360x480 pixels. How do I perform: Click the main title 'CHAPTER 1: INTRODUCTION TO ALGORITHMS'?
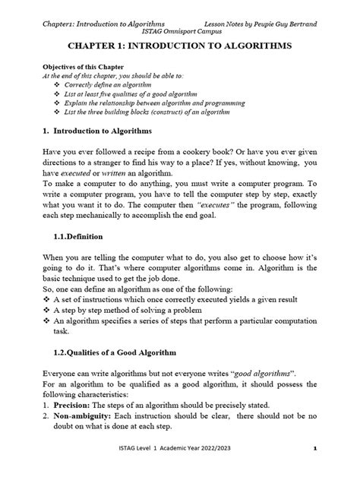point(179,46)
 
